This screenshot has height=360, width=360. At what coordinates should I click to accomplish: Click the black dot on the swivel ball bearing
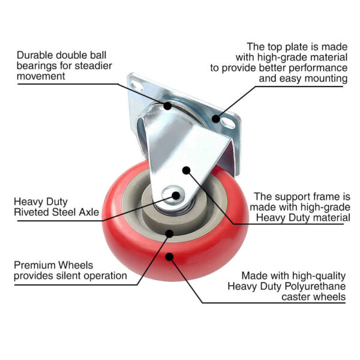click(167, 106)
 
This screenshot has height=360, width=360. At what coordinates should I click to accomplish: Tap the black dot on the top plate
click(215, 119)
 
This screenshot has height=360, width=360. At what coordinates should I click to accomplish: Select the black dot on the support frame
click(187, 170)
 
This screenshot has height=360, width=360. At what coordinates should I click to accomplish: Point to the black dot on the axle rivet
click(176, 196)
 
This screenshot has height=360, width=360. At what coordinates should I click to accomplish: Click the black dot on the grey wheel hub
click(169, 233)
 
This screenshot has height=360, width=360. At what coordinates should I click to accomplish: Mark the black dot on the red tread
click(169, 256)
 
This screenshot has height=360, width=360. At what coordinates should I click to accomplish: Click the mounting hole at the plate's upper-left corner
click(136, 85)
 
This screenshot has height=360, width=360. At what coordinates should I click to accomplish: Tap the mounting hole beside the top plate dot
click(227, 122)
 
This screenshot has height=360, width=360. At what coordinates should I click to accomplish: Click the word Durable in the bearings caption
click(35, 55)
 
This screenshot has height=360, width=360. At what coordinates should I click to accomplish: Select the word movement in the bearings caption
click(41, 76)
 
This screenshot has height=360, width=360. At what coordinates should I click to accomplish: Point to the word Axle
click(89, 212)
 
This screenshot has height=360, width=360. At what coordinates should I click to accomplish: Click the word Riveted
click(32, 212)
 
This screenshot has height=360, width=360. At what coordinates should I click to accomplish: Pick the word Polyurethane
click(315, 287)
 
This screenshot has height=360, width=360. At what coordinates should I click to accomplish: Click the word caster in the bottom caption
click(296, 297)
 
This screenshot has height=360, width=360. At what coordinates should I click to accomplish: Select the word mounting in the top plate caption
click(326, 79)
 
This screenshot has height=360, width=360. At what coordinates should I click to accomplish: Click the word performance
click(318, 68)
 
